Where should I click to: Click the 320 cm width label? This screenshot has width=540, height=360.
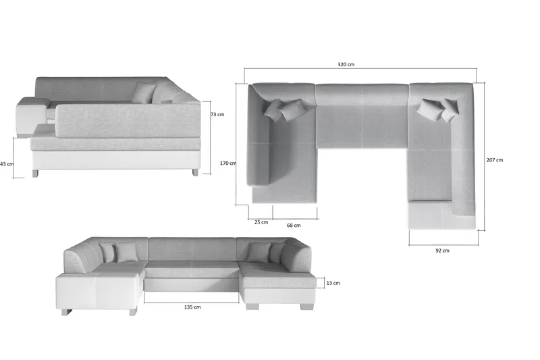[346, 64]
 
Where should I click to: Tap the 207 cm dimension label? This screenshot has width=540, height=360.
[495, 160]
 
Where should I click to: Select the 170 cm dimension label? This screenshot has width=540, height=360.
[228, 163]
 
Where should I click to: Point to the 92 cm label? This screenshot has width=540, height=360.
[442, 251]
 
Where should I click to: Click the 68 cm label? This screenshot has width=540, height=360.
[294, 226]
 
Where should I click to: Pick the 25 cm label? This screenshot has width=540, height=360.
[261, 222]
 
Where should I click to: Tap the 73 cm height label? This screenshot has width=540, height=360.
[217, 114]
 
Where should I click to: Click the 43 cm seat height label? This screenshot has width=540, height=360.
[7, 164]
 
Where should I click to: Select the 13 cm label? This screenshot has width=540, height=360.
[333, 283]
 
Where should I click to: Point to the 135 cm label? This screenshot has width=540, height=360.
[192, 307]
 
